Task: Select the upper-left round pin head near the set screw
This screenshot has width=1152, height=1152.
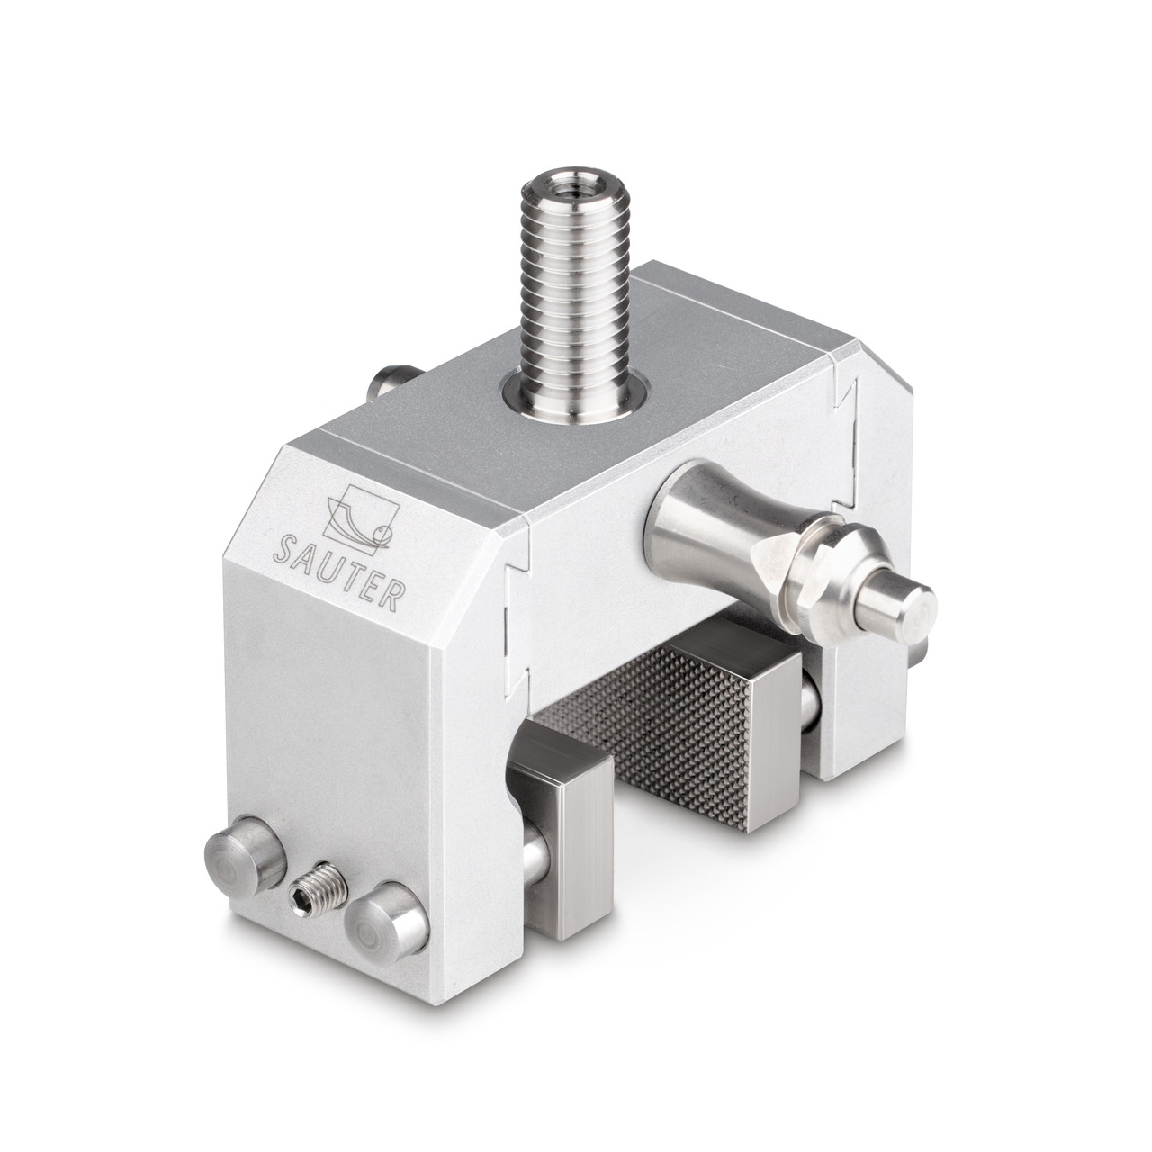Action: click(x=245, y=852)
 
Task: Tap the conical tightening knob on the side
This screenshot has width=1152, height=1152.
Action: click(x=726, y=508)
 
